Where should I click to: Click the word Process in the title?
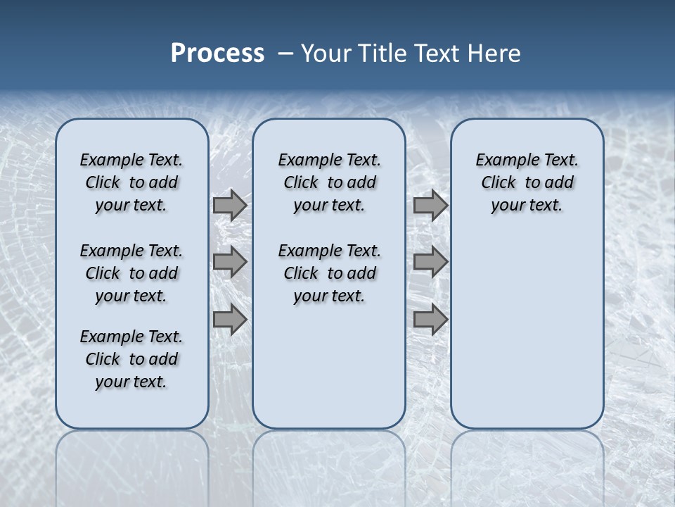tap(217, 54)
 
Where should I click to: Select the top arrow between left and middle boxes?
tap(229, 205)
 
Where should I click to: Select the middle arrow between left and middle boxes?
tap(229, 262)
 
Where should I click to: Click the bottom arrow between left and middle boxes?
tap(229, 320)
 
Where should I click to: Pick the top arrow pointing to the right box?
tap(430, 205)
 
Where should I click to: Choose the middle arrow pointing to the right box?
tap(430, 262)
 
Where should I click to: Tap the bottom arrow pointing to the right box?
tap(430, 320)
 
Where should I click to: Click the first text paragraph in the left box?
tap(131, 182)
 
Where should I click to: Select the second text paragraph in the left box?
tap(131, 273)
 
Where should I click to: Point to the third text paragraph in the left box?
tap(131, 359)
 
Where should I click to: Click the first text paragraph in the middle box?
tap(329, 182)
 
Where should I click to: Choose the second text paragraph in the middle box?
tap(329, 273)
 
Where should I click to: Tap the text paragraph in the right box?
tap(527, 182)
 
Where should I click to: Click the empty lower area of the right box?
tap(527, 331)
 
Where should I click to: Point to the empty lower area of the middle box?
tap(329, 366)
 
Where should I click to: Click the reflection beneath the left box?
tap(132, 465)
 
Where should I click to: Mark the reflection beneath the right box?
tap(527, 465)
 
